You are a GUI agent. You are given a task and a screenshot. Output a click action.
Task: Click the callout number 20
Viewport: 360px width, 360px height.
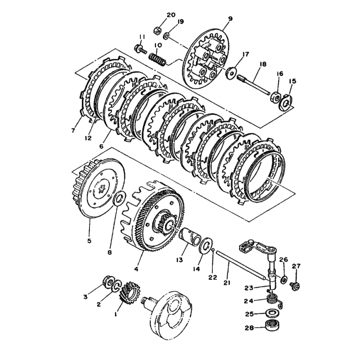[171, 15]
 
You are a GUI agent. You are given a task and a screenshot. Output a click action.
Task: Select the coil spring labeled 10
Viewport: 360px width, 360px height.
[157, 60]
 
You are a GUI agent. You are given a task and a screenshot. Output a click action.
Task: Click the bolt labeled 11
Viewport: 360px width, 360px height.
[140, 49]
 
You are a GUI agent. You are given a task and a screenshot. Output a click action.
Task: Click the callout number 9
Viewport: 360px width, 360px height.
[230, 18]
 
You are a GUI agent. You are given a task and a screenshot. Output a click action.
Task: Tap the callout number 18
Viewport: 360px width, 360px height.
[263, 64]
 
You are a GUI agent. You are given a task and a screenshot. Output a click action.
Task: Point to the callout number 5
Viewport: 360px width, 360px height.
[89, 241]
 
